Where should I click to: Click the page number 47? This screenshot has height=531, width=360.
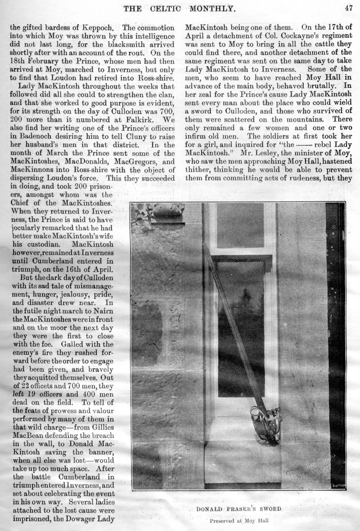coord(348,7)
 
